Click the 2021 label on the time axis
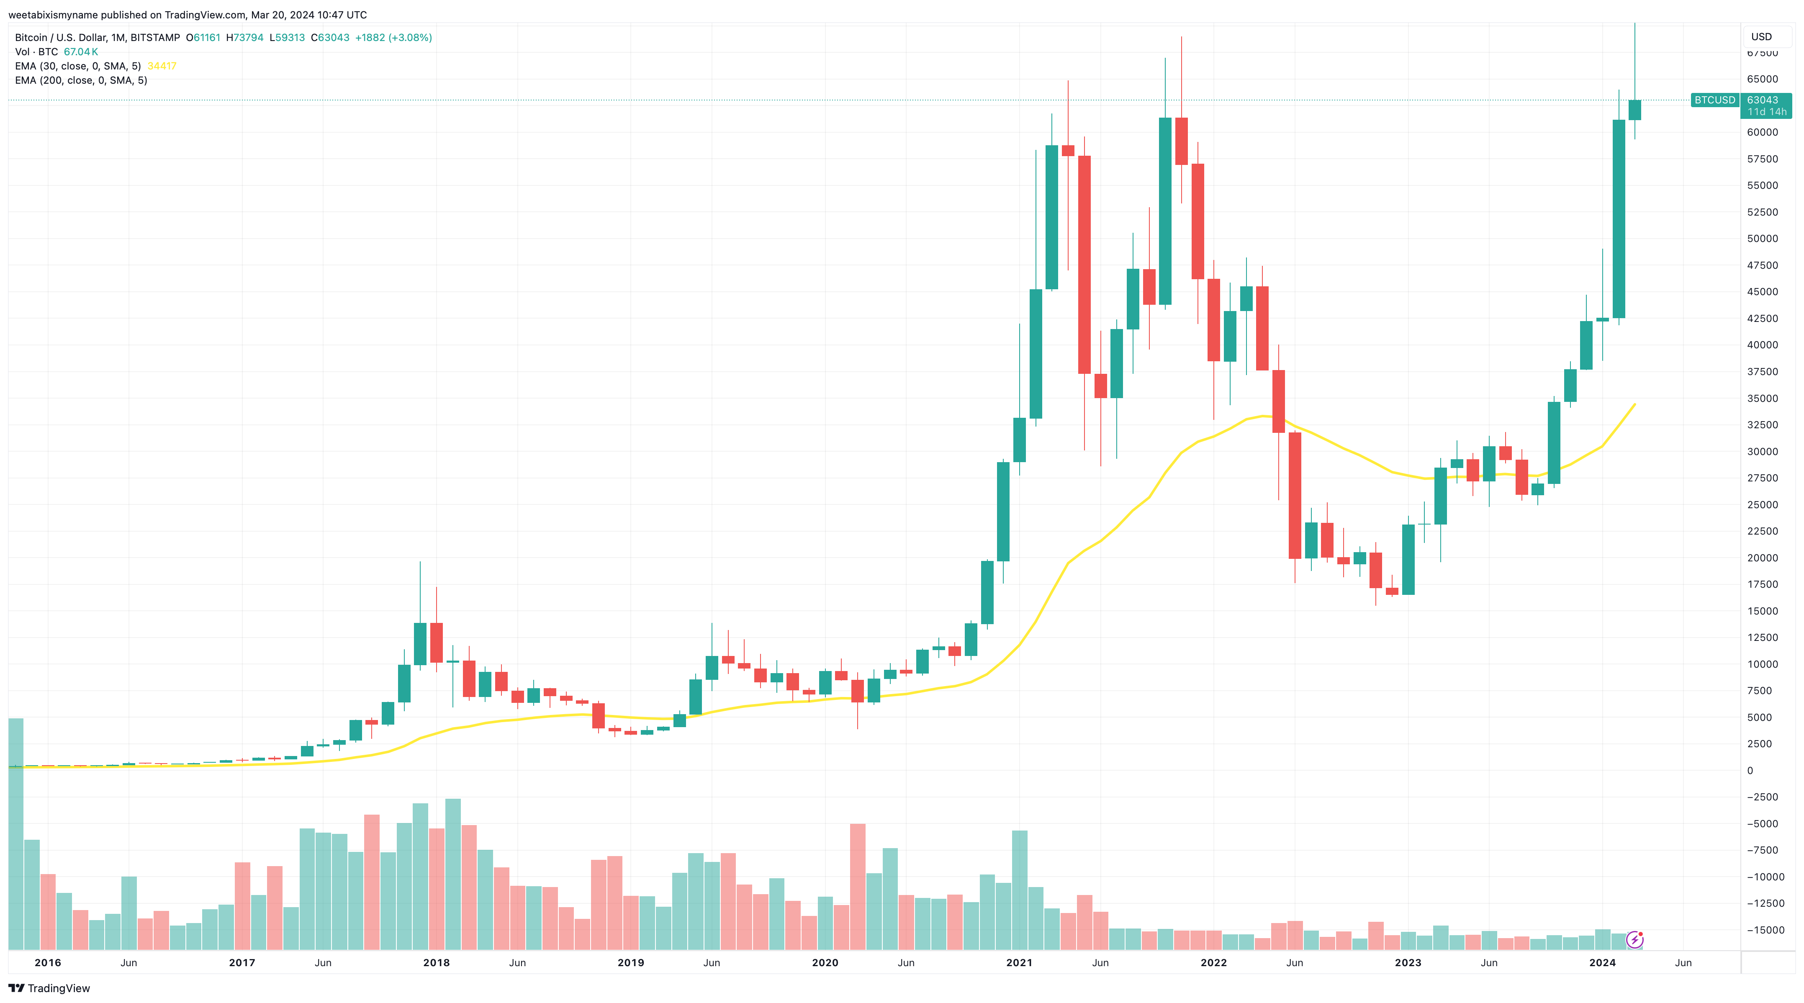tap(1019, 962)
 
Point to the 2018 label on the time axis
tap(436, 962)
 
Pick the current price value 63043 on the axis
tap(1762, 100)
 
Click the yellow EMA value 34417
tap(162, 66)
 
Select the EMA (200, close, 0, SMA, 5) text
tap(80, 80)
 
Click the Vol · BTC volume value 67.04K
tap(80, 52)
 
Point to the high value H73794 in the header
tap(244, 38)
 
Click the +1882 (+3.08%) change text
tap(393, 38)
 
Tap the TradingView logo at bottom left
tap(49, 988)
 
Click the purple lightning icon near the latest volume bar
tap(1634, 939)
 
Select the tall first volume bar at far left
tap(15, 833)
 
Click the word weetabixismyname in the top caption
tap(52, 15)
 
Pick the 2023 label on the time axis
tap(1408, 962)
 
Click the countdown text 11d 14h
tap(1766, 112)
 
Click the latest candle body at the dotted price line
tap(1634, 110)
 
